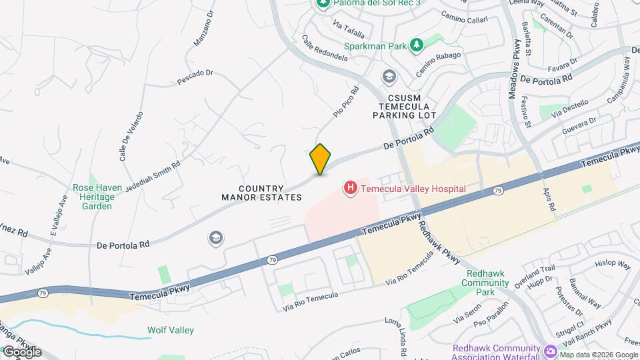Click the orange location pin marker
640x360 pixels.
[x=321, y=159]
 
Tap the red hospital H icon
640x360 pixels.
[x=350, y=189]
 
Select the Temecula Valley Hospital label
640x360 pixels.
[x=413, y=189]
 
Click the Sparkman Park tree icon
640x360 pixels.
[x=417, y=45]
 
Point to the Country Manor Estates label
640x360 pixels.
[x=262, y=193]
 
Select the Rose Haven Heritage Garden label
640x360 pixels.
[x=97, y=197]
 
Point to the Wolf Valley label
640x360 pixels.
[x=171, y=330]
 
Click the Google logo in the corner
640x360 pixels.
[x=22, y=351]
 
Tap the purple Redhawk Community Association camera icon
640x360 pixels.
[x=551, y=351]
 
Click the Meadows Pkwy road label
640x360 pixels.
[x=515, y=69]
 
